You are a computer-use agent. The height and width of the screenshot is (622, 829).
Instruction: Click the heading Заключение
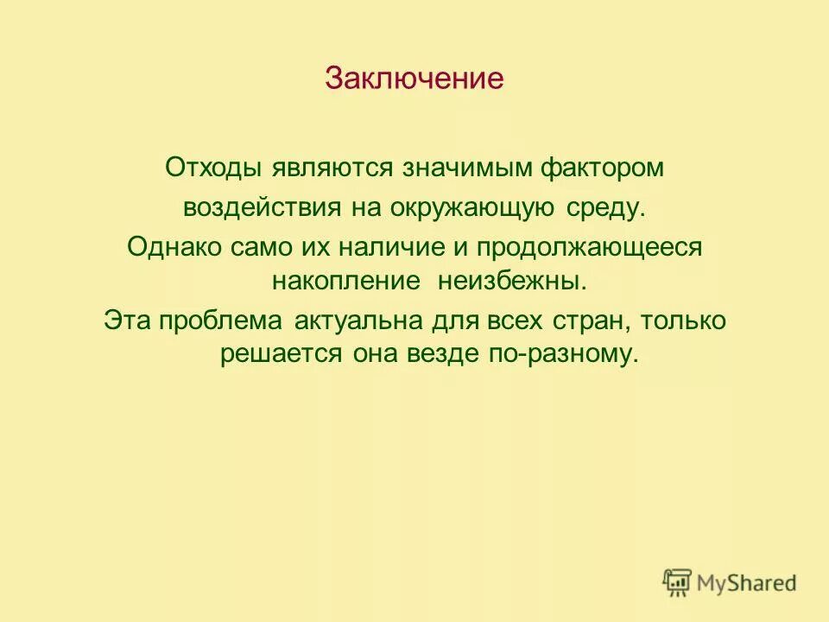[414, 79]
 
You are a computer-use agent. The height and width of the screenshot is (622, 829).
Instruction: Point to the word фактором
[603, 167]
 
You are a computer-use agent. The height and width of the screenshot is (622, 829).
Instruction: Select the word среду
[605, 208]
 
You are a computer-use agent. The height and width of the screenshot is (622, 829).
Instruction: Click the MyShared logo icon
[678, 583]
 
